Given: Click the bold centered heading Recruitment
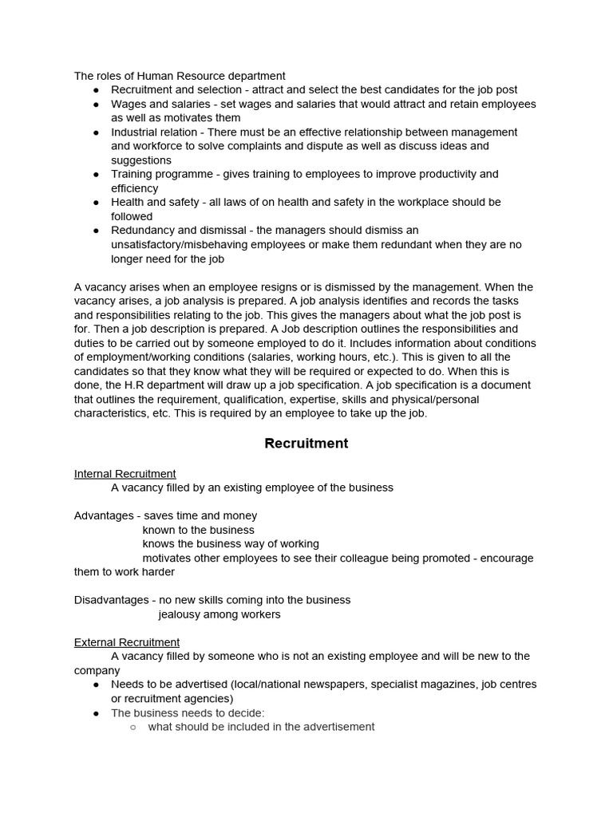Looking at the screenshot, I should (306, 444).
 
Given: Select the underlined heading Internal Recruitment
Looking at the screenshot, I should (125, 474).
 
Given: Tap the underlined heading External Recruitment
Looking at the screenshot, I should (127, 642).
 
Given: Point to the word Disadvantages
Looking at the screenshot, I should (111, 600).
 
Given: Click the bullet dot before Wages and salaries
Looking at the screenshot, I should (97, 105).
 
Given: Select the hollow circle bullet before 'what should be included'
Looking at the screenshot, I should (133, 727).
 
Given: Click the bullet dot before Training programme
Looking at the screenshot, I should (97, 174).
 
